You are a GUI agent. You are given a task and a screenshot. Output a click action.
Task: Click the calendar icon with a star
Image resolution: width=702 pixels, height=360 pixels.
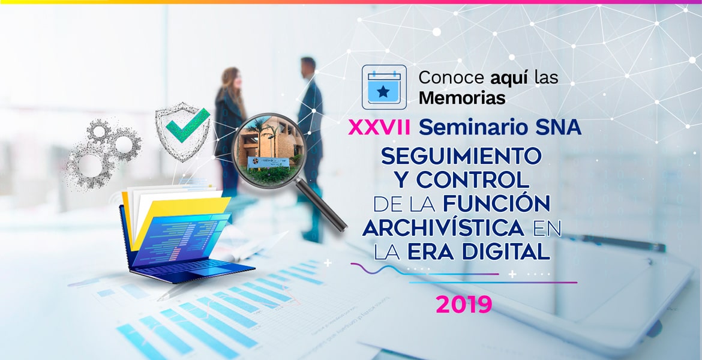pyautogui.click(x=384, y=88)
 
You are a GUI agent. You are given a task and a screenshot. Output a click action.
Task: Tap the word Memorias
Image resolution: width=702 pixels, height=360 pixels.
pyautogui.click(x=462, y=97)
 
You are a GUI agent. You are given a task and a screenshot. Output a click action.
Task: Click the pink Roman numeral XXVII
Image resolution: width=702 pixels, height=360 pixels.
pyautogui.click(x=380, y=128)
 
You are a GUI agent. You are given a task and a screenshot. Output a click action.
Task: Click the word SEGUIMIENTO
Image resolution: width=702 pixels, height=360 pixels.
pyautogui.click(x=461, y=156)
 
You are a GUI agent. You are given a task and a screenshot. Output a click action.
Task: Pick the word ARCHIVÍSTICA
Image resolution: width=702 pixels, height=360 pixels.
pyautogui.click(x=443, y=227)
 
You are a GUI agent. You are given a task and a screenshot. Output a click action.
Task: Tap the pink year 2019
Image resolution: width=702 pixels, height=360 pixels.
pyautogui.click(x=464, y=304)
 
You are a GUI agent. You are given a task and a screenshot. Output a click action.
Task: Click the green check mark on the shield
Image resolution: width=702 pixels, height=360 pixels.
pyautogui.click(x=188, y=125)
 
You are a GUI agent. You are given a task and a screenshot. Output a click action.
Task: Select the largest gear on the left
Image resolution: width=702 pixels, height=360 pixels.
pyautogui.click(x=89, y=166)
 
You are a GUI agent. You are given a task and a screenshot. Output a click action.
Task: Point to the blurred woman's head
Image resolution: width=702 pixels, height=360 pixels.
pyautogui.click(x=232, y=79)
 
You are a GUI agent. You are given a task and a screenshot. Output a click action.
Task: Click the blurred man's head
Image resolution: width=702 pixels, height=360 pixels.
pyautogui.click(x=308, y=68)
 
